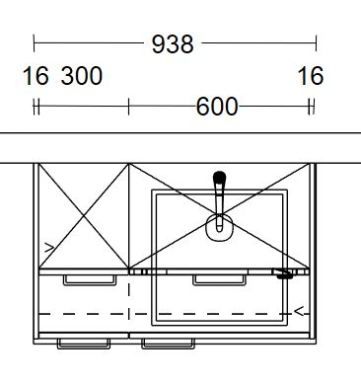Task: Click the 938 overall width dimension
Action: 173,44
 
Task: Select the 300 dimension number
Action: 82,76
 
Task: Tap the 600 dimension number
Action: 217,107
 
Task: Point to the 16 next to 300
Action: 36,76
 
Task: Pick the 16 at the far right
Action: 311,76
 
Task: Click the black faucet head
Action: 219,178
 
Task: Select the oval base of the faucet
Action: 219,228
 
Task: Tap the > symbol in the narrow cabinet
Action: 49,248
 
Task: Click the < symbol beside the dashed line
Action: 299,311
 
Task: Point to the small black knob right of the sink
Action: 284,276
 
